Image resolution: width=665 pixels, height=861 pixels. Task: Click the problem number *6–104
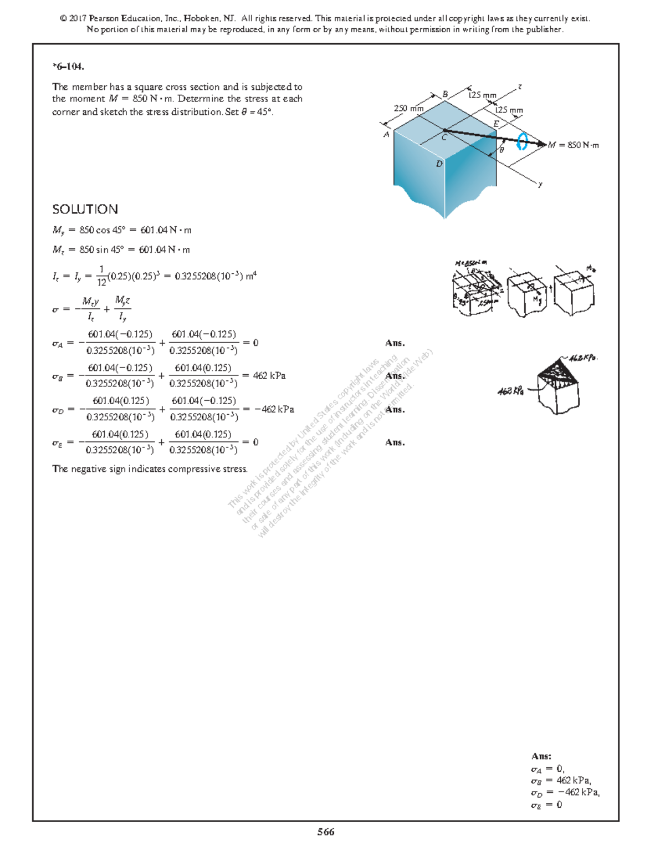tap(68, 67)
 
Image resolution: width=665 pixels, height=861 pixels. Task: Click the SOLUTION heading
tap(85, 209)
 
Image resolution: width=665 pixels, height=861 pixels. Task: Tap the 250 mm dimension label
tap(408, 109)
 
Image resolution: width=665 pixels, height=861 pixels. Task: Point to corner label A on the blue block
tap(386, 134)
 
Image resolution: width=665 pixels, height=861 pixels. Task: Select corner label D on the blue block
tap(439, 164)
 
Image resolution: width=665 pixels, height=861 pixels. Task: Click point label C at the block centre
tap(444, 137)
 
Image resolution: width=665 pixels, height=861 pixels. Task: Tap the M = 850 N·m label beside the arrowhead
tap(573, 145)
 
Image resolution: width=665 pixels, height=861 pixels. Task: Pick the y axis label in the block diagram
tap(540, 184)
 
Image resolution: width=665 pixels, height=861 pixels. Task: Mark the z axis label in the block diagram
tap(520, 86)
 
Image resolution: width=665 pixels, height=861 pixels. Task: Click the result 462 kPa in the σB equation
tap(269, 376)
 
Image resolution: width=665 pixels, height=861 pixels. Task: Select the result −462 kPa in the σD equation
tap(274, 409)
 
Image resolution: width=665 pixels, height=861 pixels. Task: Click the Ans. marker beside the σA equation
tap(395, 343)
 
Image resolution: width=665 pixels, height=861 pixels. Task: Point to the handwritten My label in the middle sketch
tap(536, 300)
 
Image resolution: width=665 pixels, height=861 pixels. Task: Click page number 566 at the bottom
tap(325, 832)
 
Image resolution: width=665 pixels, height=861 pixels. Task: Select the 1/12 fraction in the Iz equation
tap(101, 276)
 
